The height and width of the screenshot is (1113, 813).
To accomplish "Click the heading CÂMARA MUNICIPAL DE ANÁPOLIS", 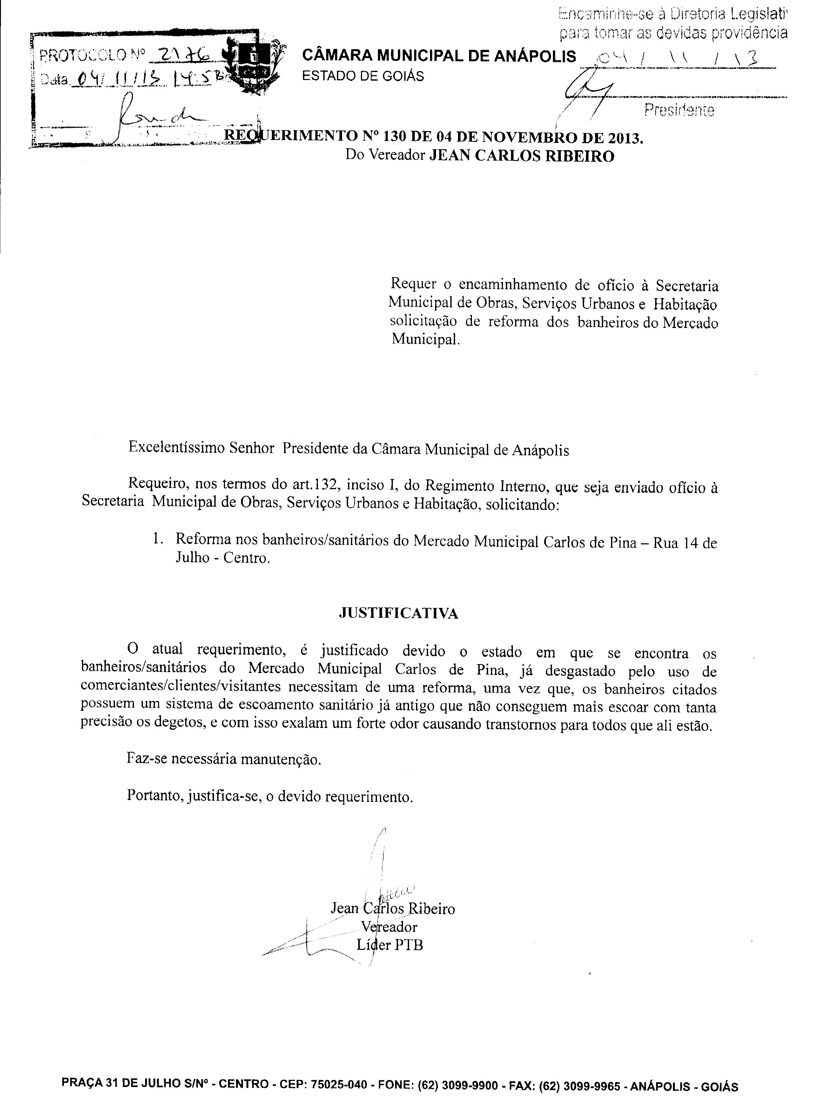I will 439,56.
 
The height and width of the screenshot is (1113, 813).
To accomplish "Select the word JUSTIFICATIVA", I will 399,613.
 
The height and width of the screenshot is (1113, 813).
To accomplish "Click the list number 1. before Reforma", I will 158,540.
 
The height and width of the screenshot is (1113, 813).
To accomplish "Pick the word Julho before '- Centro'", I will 192,559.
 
